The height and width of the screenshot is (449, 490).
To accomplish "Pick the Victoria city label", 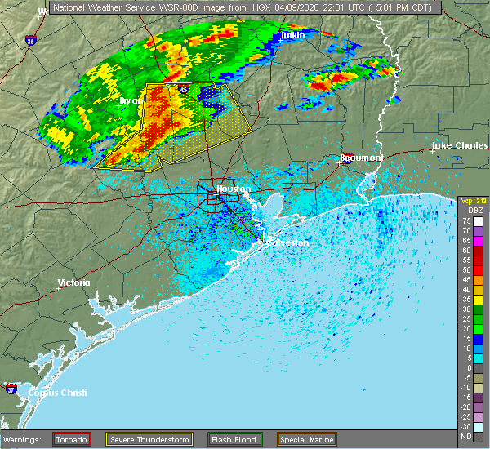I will (73, 283).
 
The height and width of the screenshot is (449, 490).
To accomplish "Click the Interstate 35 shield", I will (31, 39).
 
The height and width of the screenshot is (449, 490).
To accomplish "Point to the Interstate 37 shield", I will (11, 387).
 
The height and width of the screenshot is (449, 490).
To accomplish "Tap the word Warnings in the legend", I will (25, 439).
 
